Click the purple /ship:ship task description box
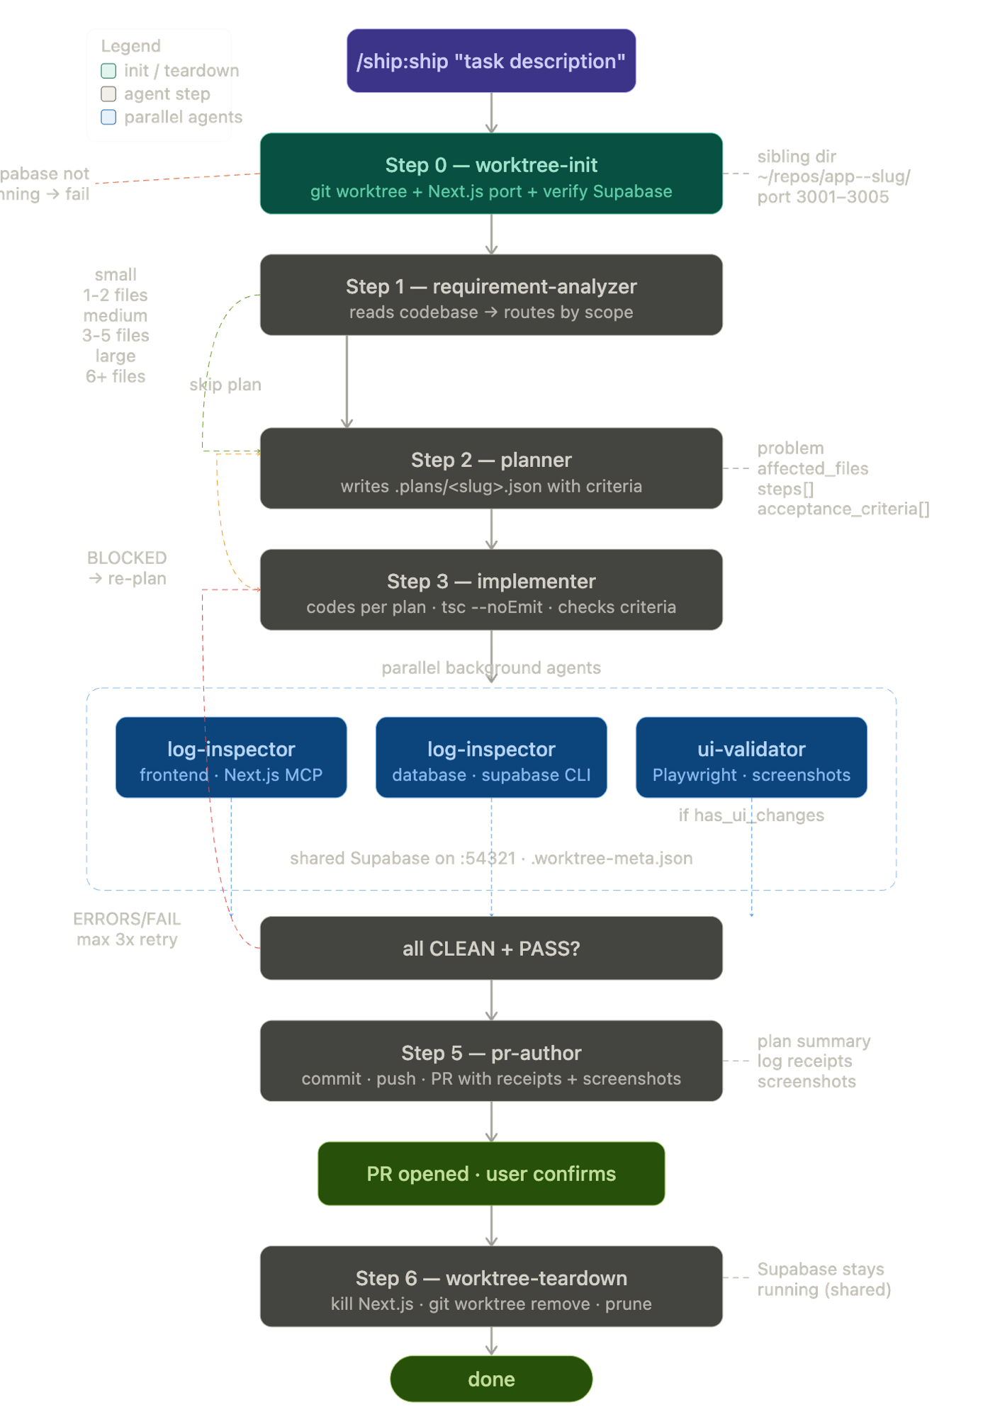click(491, 61)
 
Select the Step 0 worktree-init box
click(491, 174)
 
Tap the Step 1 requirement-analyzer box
click(491, 295)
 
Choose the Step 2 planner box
click(491, 469)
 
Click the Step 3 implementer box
click(491, 590)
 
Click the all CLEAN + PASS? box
click(491, 949)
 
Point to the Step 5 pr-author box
click(491, 1061)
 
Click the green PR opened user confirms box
click(491, 1174)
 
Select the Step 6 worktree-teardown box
click(491, 1287)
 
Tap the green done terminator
click(491, 1379)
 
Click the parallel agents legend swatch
click(108, 118)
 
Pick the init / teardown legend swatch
click(108, 71)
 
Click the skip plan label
click(225, 385)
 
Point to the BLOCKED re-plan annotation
click(128, 568)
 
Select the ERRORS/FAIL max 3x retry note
click(127, 930)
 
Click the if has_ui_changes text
click(751, 815)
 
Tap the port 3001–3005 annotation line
click(823, 198)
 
